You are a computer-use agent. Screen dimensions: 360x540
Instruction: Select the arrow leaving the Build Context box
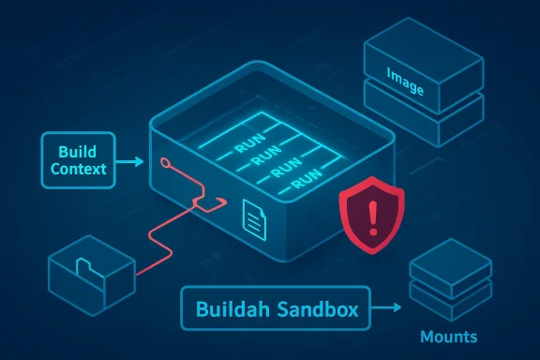coord(130,161)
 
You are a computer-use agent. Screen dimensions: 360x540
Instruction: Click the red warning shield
coord(372,217)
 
